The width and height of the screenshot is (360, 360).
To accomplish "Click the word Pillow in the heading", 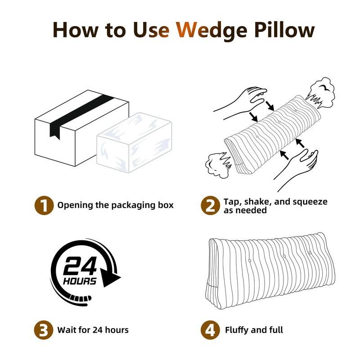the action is [285, 30].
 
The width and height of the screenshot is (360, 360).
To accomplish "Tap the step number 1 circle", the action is [44, 205].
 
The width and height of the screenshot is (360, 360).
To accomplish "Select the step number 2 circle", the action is [210, 205].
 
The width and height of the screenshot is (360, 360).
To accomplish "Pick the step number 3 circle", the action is [44, 330].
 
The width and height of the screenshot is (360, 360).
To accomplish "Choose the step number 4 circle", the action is [210, 330].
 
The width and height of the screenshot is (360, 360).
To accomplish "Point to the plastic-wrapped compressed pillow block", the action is [134, 142].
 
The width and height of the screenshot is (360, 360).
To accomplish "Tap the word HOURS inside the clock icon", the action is [80, 281].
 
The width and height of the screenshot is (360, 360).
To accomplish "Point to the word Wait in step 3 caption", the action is [66, 330].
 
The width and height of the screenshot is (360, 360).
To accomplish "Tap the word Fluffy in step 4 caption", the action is [237, 330].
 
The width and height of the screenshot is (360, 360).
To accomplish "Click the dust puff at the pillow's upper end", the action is [320, 93].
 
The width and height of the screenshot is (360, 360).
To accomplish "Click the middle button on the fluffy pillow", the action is [285, 256].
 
